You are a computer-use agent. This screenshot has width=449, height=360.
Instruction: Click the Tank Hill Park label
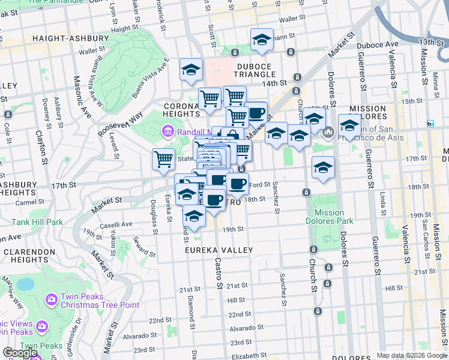tap(37, 222)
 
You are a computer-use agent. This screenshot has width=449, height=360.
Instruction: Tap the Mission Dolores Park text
tap(328, 217)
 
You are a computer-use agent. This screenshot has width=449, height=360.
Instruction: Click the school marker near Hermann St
tap(262, 40)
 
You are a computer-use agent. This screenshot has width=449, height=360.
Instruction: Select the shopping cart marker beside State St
tap(163, 159)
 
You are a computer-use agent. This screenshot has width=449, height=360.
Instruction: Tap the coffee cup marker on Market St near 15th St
tap(256, 112)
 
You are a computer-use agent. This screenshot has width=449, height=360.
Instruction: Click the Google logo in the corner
tap(20, 353)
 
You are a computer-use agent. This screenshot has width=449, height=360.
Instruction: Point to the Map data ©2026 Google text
tap(412, 356)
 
